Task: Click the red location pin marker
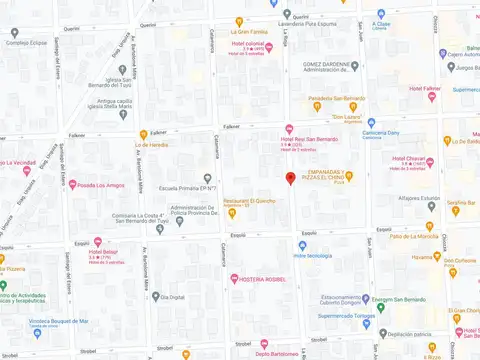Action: tap(291, 179)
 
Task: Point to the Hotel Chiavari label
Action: tap(409, 159)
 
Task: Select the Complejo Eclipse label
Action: tap(28, 43)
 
